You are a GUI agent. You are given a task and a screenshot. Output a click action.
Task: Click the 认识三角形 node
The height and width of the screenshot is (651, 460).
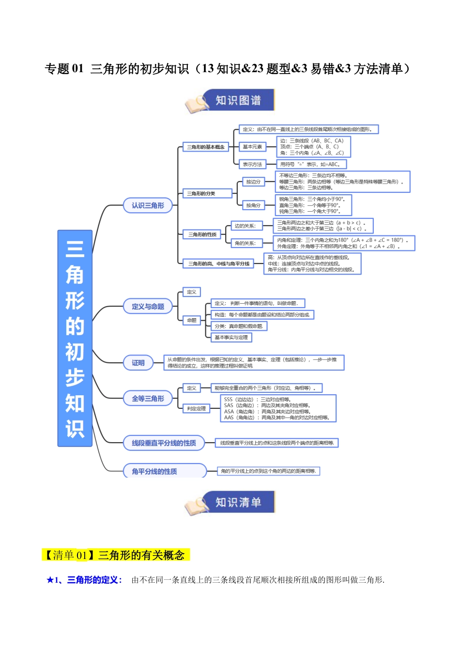click(x=148, y=205)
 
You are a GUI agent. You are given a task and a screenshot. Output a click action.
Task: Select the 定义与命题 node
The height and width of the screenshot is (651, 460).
click(x=148, y=307)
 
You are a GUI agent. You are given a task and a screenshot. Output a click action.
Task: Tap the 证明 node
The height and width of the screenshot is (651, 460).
click(x=138, y=363)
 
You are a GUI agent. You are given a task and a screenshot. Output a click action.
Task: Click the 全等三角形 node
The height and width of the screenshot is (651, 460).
click(x=148, y=399)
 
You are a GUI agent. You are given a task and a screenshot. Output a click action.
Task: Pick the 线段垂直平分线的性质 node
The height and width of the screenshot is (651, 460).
click(x=164, y=443)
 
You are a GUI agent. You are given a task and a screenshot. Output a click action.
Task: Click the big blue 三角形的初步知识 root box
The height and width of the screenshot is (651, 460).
click(x=75, y=338)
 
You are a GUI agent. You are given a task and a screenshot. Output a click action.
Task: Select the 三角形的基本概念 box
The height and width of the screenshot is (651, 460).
click(x=206, y=147)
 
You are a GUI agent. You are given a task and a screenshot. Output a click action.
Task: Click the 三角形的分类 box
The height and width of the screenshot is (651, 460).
click(x=207, y=193)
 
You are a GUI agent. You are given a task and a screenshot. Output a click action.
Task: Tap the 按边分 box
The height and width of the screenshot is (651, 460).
click(x=253, y=182)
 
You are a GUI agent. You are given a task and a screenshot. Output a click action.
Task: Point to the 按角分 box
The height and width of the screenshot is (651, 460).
click(x=253, y=205)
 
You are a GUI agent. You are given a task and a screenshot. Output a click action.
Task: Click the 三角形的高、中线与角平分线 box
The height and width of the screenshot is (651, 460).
click(x=219, y=263)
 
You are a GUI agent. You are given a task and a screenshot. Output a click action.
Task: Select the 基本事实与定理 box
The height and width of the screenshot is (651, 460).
click(x=231, y=337)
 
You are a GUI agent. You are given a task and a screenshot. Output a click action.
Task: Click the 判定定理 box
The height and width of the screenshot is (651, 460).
click(x=196, y=408)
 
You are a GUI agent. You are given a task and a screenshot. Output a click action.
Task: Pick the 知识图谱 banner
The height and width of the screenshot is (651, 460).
click(x=238, y=100)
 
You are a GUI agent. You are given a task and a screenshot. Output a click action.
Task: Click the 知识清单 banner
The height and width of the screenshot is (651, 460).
click(x=238, y=502)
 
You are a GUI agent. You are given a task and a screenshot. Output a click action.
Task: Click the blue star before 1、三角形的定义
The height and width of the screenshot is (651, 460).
click(x=50, y=580)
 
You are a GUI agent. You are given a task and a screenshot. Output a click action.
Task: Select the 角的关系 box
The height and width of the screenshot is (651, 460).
click(x=245, y=243)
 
